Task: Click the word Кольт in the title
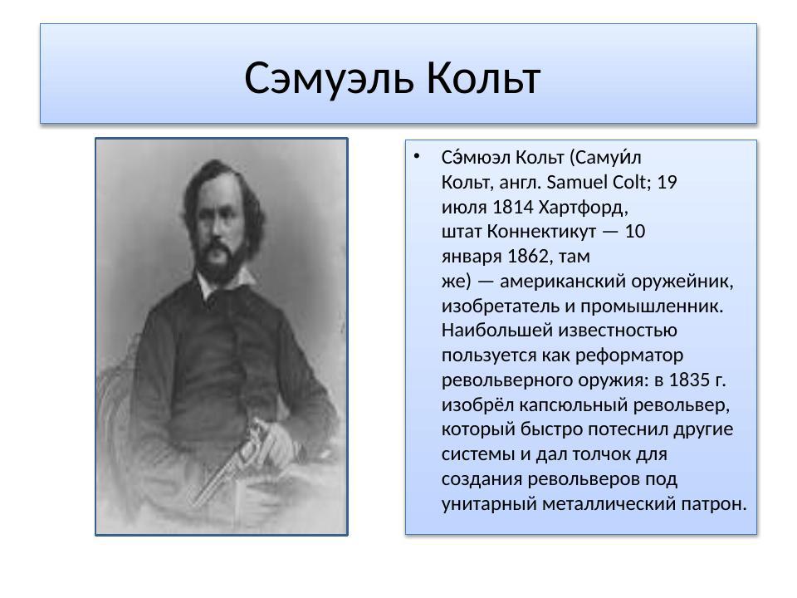click(485, 79)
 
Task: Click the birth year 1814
click(512, 207)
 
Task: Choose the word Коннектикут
click(545, 231)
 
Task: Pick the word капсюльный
click(567, 405)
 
